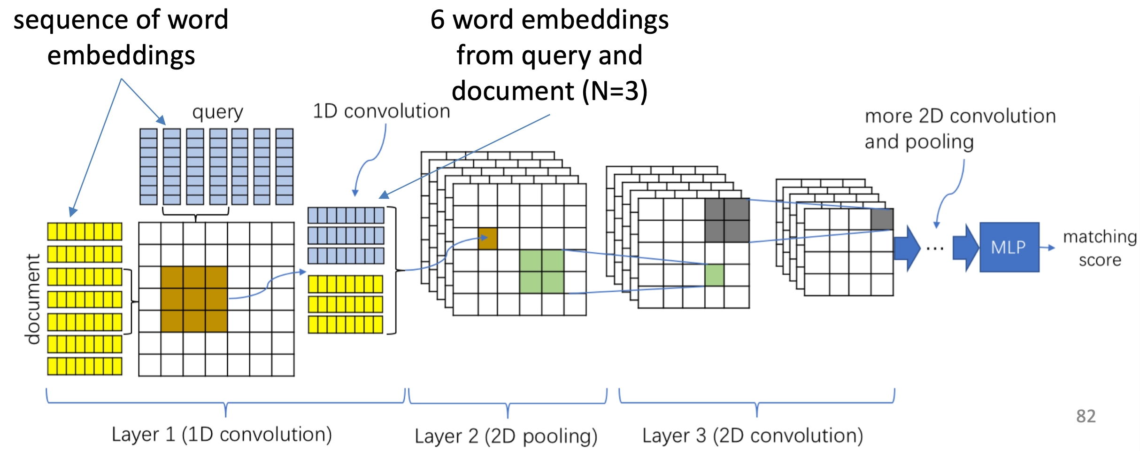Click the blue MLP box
(x=1009, y=247)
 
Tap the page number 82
(x=1086, y=416)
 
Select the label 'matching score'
(x=1100, y=248)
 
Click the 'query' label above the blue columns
(x=217, y=112)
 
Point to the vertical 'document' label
(x=33, y=299)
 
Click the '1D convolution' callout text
(x=381, y=111)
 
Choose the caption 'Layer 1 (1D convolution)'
(x=222, y=435)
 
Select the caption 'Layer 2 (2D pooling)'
(x=506, y=436)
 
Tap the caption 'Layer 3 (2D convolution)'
(x=753, y=435)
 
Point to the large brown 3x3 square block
(x=194, y=299)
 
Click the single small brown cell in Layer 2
(x=487, y=239)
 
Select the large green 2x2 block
(x=542, y=272)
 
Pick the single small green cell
(x=714, y=275)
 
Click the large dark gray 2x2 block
(x=726, y=220)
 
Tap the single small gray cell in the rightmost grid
(x=882, y=219)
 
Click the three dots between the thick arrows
(x=935, y=249)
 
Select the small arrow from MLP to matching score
(x=1048, y=248)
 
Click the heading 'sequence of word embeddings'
(x=121, y=38)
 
